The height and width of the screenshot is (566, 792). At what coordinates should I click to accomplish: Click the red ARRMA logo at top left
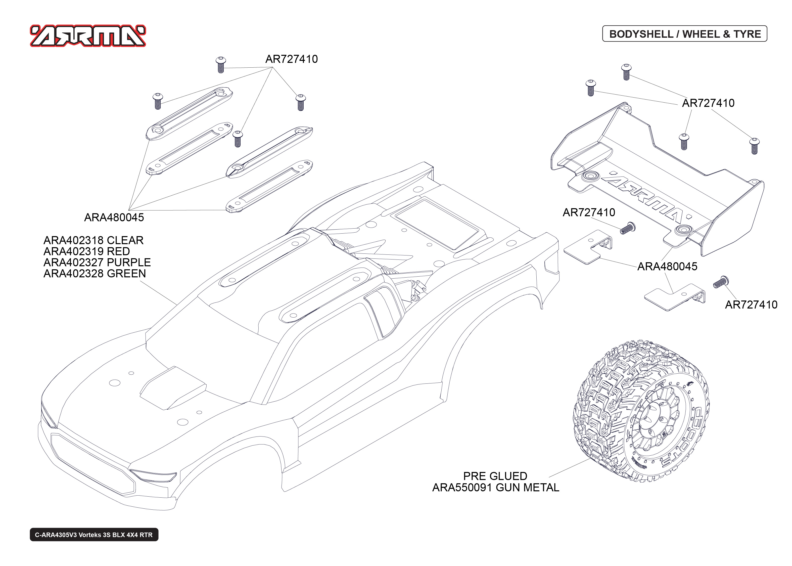click(x=88, y=36)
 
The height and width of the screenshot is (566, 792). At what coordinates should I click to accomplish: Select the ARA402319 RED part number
click(x=86, y=251)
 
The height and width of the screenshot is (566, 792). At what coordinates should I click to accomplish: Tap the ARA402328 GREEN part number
click(x=95, y=274)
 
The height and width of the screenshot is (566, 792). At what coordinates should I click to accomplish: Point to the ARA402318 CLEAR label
click(x=93, y=240)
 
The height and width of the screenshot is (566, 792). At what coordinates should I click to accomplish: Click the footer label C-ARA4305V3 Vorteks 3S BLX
click(x=94, y=535)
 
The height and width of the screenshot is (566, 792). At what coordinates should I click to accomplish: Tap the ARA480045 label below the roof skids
click(x=114, y=217)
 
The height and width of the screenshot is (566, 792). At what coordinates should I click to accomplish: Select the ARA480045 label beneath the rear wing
click(x=667, y=267)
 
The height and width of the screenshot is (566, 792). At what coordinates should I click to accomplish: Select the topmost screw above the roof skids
click(x=220, y=64)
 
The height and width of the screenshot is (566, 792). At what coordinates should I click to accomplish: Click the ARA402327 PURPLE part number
click(x=97, y=263)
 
